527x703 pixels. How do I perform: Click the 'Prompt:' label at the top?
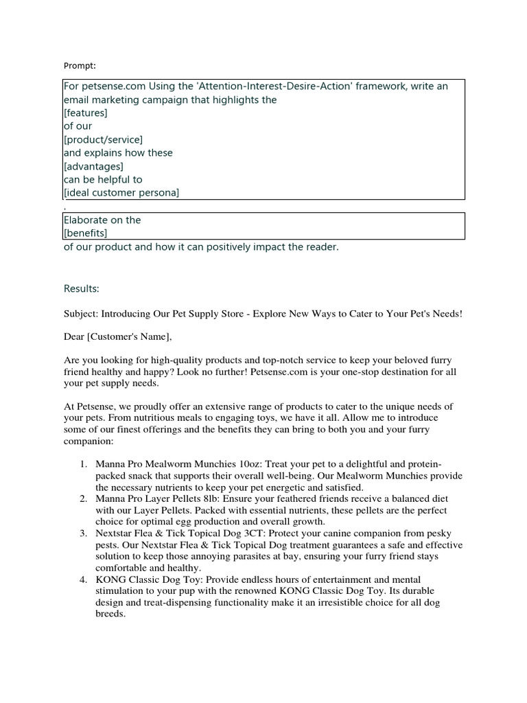80,66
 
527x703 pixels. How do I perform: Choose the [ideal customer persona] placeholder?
121,193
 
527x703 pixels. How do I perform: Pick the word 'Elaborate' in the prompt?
88,220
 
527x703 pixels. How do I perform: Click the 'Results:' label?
82,287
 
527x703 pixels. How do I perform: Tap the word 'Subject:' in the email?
80,314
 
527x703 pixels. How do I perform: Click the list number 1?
82,465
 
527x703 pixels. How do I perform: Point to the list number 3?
82,533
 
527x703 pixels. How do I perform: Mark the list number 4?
82,579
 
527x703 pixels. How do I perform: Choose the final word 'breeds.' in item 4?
110,614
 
